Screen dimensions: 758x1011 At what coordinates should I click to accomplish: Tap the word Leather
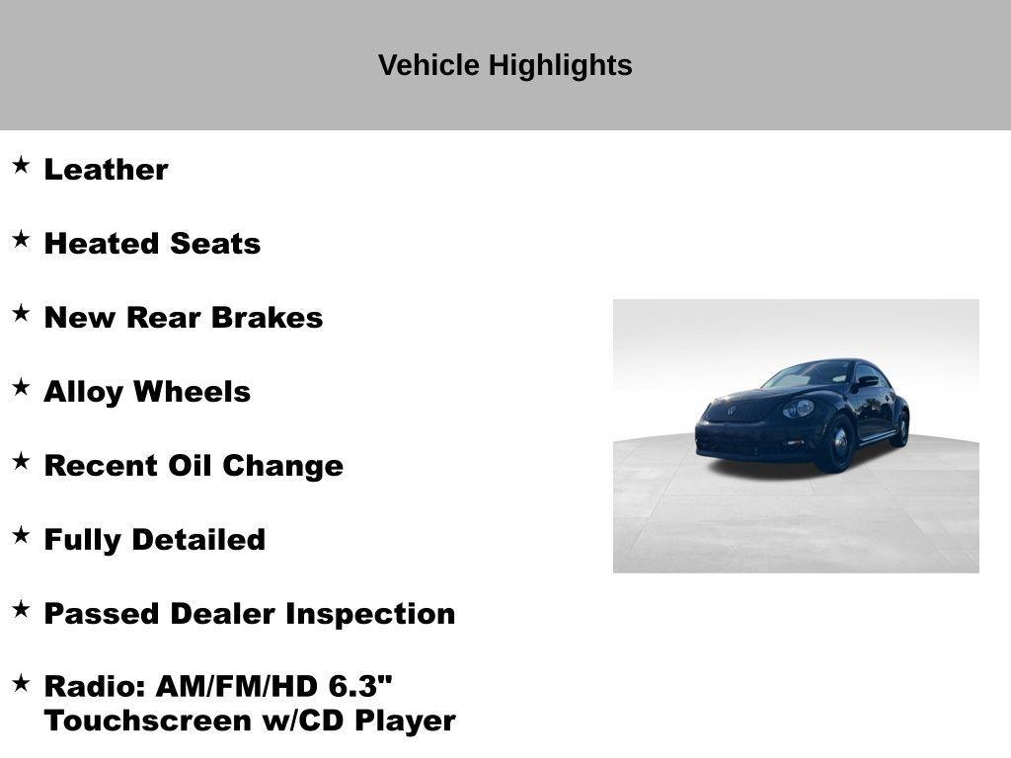pyautogui.click(x=106, y=170)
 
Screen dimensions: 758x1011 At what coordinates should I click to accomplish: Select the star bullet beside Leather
pyautogui.click(x=21, y=165)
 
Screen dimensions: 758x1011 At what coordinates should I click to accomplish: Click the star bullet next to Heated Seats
pyautogui.click(x=21, y=239)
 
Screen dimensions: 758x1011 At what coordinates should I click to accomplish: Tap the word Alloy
pyautogui.click(x=84, y=392)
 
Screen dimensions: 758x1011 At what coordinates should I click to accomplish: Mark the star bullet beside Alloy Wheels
pyautogui.click(x=21, y=387)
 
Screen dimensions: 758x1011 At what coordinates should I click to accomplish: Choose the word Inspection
pyautogui.click(x=370, y=614)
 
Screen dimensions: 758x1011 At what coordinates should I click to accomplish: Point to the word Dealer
pyautogui.click(x=223, y=614)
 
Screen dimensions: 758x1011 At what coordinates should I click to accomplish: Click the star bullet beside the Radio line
pyautogui.click(x=21, y=682)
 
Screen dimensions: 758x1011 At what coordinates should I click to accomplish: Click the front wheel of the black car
pyautogui.click(x=838, y=444)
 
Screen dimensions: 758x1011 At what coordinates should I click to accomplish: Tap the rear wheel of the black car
pyautogui.click(x=899, y=428)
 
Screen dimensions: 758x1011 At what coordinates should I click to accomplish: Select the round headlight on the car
pyautogui.click(x=799, y=409)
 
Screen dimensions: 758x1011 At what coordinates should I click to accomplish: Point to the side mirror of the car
pyautogui.click(x=867, y=381)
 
